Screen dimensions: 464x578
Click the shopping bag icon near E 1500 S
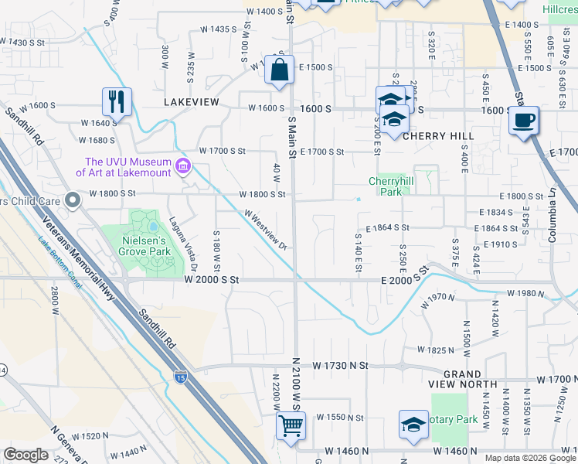tap(279, 70)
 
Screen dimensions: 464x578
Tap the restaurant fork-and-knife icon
tap(117, 101)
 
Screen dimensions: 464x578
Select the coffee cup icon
tap(524, 121)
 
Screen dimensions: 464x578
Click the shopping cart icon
tap(291, 425)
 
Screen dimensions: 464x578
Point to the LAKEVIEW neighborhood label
tap(192, 102)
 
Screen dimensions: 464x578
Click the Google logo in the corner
tap(25, 455)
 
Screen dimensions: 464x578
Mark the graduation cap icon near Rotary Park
tap(413, 424)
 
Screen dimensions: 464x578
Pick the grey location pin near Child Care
tap(73, 201)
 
